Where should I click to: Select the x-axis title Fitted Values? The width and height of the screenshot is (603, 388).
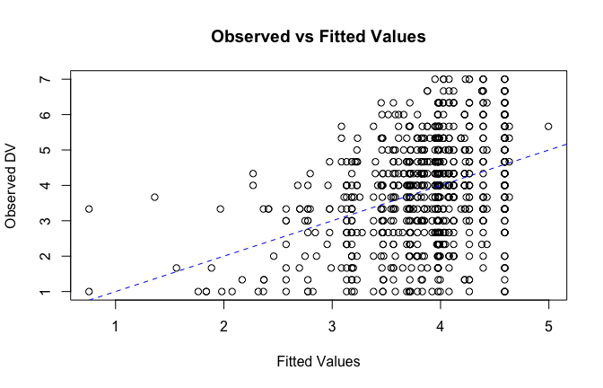pos(317,361)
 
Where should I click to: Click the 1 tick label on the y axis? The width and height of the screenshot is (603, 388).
pos(43,291)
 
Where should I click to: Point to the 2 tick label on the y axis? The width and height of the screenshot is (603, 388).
pos(43,256)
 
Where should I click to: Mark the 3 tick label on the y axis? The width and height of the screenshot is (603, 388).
pos(43,220)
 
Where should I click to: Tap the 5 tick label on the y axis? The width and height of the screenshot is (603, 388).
pos(43,150)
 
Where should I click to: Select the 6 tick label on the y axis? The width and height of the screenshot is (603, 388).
pos(43,115)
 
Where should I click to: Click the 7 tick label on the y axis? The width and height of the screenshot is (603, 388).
pos(43,79)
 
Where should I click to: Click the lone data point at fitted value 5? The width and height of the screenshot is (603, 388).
pos(548,126)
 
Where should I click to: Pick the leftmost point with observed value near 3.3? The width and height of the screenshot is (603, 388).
pos(89,208)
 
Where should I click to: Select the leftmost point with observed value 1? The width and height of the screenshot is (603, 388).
pos(89,291)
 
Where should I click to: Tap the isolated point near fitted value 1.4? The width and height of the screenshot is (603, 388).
pos(154,197)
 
